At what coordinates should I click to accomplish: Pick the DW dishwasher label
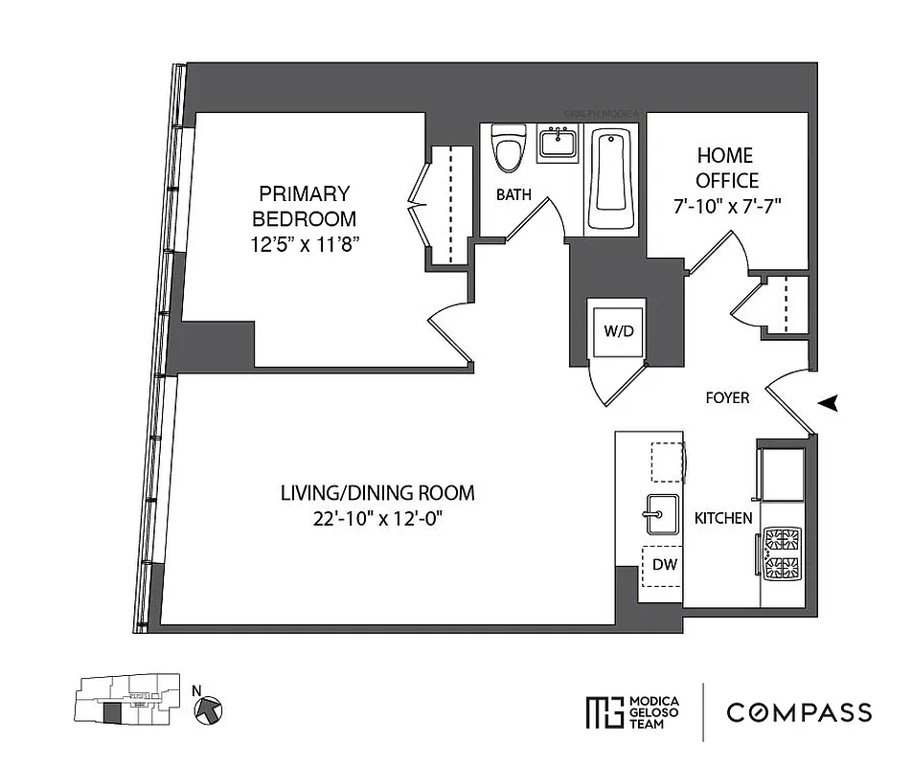(665, 565)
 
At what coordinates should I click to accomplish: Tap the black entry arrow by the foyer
(829, 405)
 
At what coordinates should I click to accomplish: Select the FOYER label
(728, 397)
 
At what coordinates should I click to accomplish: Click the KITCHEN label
(723, 518)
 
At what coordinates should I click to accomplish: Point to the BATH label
(513, 195)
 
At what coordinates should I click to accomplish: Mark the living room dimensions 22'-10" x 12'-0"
(377, 519)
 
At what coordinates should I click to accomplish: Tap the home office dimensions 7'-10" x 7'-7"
(726, 205)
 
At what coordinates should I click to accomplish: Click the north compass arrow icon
(210, 709)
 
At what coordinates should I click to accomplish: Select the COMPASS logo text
(799, 712)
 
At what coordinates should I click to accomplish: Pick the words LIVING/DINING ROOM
(377, 494)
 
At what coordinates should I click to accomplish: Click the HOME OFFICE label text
(726, 168)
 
